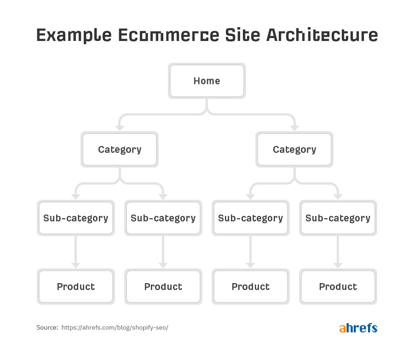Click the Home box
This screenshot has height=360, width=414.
click(x=207, y=81)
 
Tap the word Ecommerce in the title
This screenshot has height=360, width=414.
click(x=168, y=35)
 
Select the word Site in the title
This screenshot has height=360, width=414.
click(x=242, y=35)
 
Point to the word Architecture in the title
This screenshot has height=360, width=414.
click(x=322, y=35)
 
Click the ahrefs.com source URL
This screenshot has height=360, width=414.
click(x=115, y=327)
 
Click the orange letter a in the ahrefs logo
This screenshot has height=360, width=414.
click(x=342, y=329)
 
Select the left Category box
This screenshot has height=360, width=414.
click(x=120, y=149)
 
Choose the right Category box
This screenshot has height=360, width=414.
click(x=294, y=149)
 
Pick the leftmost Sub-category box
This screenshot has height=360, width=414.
click(x=76, y=218)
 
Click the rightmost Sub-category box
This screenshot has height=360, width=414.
click(x=338, y=218)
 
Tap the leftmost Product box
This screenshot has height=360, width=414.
click(x=76, y=286)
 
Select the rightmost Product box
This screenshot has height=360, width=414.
click(x=338, y=286)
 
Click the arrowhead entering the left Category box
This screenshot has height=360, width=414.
click(x=120, y=128)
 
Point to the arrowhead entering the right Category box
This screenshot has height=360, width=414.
click(x=294, y=128)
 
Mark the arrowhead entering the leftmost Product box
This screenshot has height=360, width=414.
click(x=76, y=266)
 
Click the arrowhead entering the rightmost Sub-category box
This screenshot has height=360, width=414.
click(x=338, y=197)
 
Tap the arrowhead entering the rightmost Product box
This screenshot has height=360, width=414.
click(x=338, y=266)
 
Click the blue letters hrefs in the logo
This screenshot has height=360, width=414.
click(x=362, y=328)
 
